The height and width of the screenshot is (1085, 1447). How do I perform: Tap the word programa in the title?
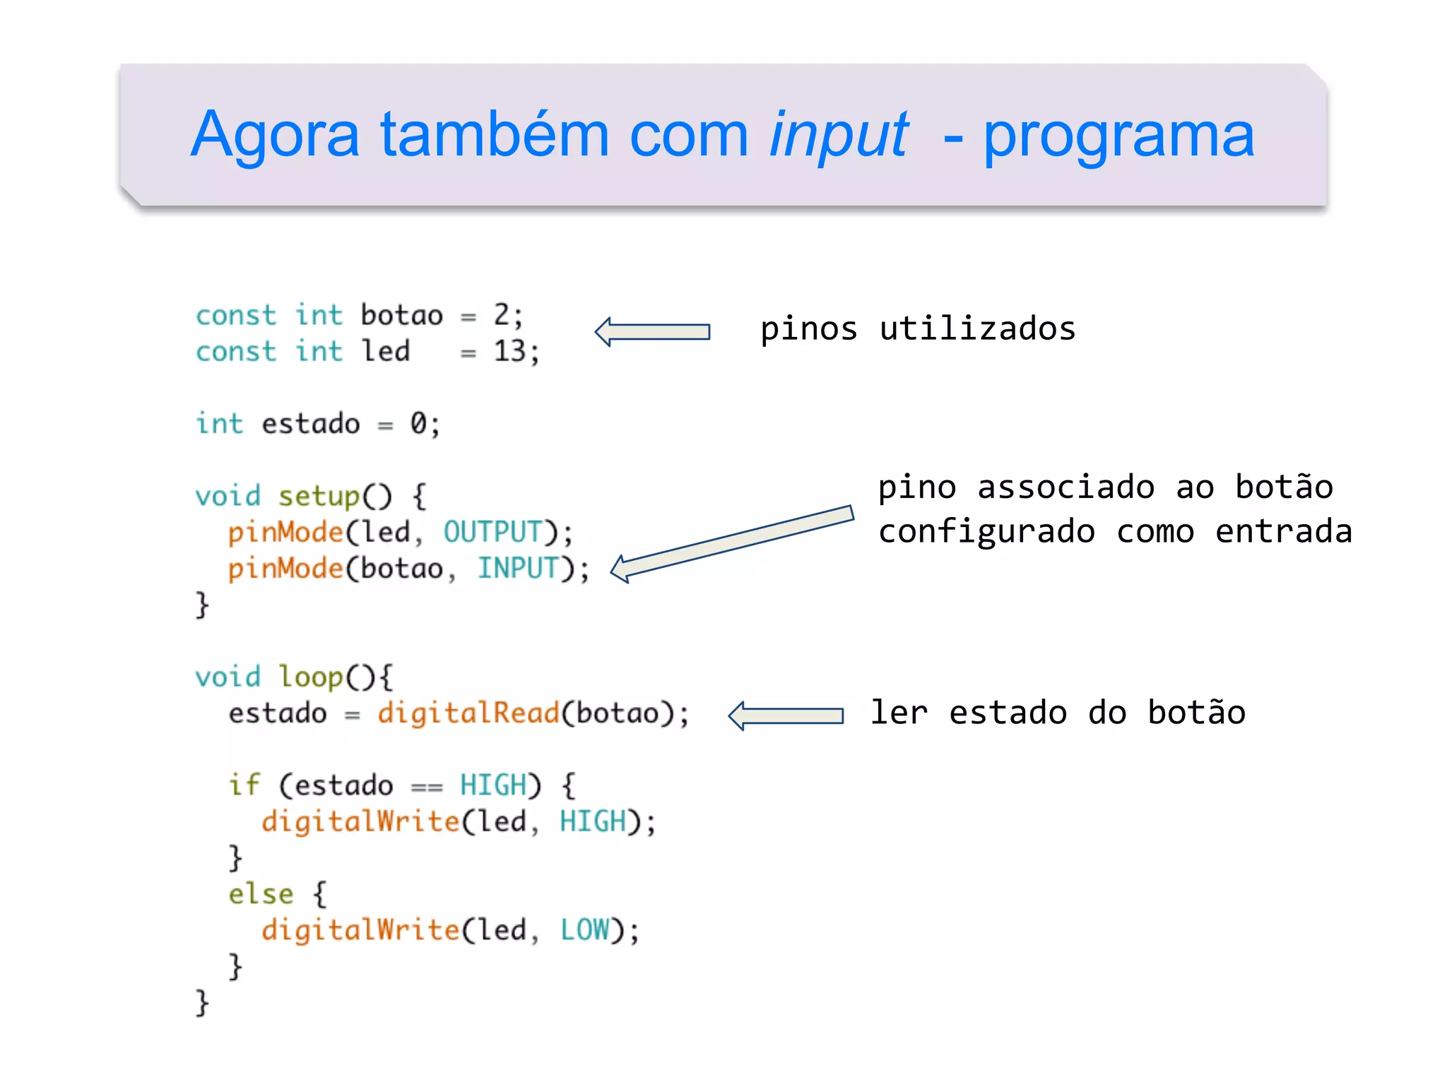pos(1118,136)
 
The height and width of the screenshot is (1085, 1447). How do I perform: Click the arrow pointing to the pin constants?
pos(652,331)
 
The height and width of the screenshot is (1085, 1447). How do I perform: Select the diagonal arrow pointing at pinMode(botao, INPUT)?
pos(731,544)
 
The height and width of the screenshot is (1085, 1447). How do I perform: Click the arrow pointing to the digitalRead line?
pos(786,716)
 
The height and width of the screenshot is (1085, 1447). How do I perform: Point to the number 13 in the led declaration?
pos(509,351)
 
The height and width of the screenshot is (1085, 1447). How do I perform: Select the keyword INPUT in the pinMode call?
pos(518,568)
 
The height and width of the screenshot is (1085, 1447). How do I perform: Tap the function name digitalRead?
pos(468,713)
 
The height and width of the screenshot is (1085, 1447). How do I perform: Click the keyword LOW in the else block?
pos(585,930)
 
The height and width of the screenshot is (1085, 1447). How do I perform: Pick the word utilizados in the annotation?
pos(977,329)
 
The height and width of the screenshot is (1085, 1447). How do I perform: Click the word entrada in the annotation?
pos(1283,531)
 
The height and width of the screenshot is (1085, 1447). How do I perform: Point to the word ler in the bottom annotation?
pos(898,712)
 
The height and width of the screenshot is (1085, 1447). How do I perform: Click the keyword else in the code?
pos(261,894)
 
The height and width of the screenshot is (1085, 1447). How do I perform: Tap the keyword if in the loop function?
pos(244,785)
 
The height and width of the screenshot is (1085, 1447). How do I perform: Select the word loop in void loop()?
pos(310,677)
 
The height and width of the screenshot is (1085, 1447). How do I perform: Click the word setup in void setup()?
pos(319,496)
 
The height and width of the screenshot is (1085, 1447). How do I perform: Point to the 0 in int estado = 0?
pos(418,424)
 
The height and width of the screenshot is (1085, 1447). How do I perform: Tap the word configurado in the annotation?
pos(986,531)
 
